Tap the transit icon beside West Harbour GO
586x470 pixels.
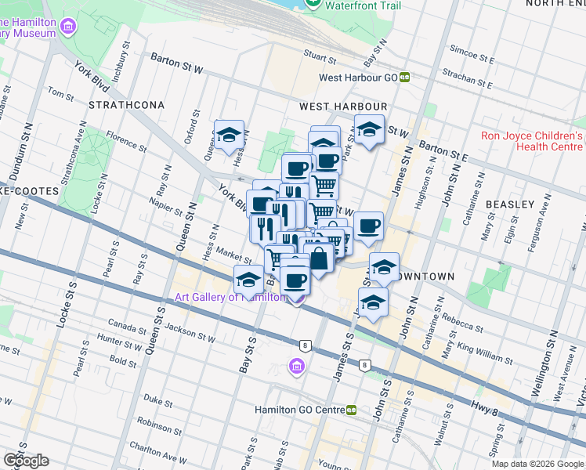[x=405, y=77]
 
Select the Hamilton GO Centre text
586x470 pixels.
[x=299, y=410]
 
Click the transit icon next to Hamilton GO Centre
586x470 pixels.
[x=352, y=410]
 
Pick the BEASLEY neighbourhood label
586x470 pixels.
[x=509, y=204]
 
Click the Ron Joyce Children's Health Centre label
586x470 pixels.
[x=533, y=141]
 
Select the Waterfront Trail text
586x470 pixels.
[x=359, y=5]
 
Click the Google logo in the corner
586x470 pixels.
[x=26, y=460]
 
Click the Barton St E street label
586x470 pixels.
[x=443, y=151]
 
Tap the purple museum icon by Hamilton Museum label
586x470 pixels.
[x=68, y=28]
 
